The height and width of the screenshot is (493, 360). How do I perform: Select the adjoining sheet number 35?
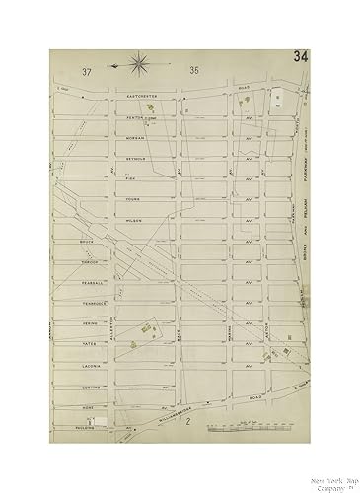point(193,70)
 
